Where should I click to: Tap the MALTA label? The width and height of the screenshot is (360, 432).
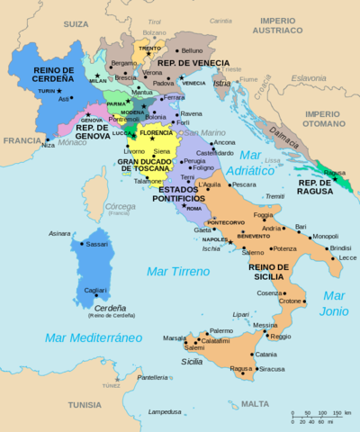coord(256,404)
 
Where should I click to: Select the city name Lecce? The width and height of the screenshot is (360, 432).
coord(347,258)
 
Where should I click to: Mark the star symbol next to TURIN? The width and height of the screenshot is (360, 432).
coord(59,91)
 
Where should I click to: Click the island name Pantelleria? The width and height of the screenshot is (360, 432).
coord(153,377)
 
